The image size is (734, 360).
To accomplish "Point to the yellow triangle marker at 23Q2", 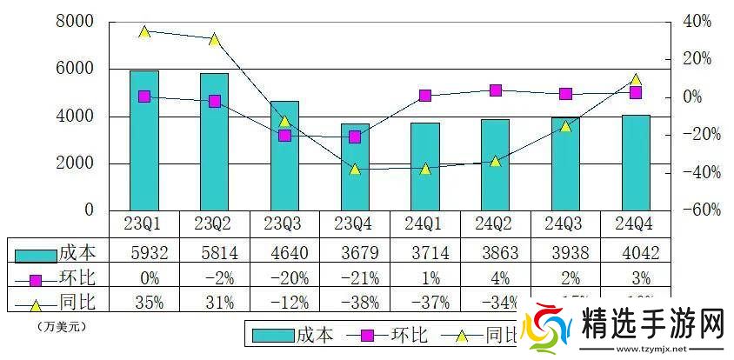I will pyautogui.click(x=215, y=39).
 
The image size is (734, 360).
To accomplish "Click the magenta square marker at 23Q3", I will pyautogui.click(x=284, y=135).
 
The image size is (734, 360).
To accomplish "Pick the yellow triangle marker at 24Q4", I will pyautogui.click(x=636, y=79).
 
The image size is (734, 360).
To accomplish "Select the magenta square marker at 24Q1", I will pyautogui.click(x=425, y=96).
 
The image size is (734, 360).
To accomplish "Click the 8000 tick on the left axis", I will pyautogui.click(x=76, y=22).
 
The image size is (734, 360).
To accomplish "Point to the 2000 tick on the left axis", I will pyautogui.click(x=76, y=163).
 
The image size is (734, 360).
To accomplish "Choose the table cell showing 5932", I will pyautogui.click(x=144, y=253).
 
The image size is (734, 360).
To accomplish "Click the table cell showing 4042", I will pyautogui.click(x=636, y=253).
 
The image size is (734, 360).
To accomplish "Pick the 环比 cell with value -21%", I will pyautogui.click(x=355, y=278).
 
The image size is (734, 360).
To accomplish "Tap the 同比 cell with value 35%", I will pyautogui.click(x=144, y=303).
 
